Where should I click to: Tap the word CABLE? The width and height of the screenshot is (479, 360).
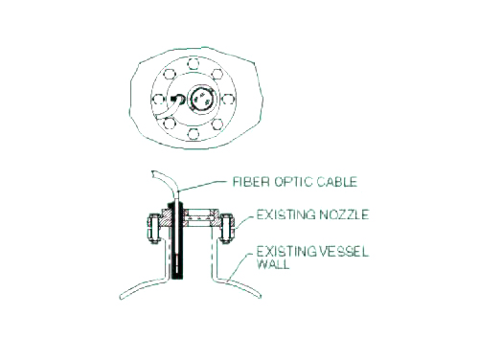pyautogui.click(x=337, y=182)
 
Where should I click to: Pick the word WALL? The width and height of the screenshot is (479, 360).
pyautogui.click(x=273, y=264)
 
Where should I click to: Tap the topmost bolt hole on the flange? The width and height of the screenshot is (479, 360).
pyautogui.click(x=193, y=63)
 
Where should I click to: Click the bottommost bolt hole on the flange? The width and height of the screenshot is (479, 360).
pyautogui.click(x=193, y=134)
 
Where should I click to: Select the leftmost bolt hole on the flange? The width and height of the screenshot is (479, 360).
pyautogui.click(x=158, y=100)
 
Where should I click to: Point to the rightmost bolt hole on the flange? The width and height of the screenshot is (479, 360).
pyautogui.click(x=227, y=100)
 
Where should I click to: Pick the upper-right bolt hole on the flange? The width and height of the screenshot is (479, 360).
pyautogui.click(x=217, y=75)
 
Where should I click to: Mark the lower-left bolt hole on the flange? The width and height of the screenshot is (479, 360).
pyautogui.click(x=169, y=124)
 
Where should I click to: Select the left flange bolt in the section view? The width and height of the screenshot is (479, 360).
pyautogui.click(x=152, y=229)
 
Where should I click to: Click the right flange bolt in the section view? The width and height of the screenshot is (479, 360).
pyautogui.click(x=226, y=229)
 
